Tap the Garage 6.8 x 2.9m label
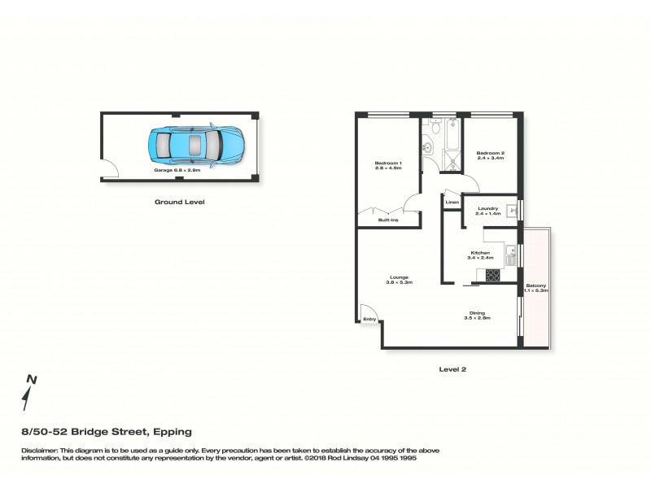click(177, 171)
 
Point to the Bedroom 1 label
click(388, 166)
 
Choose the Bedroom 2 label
click(491, 155)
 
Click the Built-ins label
click(387, 220)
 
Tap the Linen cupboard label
click(452, 202)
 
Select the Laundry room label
click(488, 211)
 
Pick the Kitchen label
click(480, 255)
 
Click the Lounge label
click(399, 280)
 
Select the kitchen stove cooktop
click(493, 276)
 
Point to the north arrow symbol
click(29, 394)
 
